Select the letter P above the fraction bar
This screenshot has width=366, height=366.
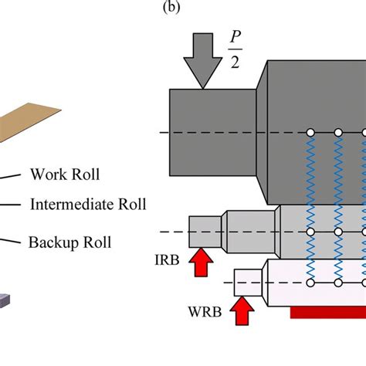click(x=234, y=38)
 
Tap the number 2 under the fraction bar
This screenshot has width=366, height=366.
click(x=234, y=64)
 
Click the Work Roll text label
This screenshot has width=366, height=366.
click(x=65, y=175)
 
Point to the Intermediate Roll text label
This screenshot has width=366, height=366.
click(x=87, y=205)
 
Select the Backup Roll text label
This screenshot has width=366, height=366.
click(x=69, y=242)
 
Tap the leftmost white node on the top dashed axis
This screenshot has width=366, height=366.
click(x=310, y=132)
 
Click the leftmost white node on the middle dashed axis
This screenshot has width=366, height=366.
click(x=310, y=232)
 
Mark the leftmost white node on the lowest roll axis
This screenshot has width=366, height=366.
click(x=310, y=283)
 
